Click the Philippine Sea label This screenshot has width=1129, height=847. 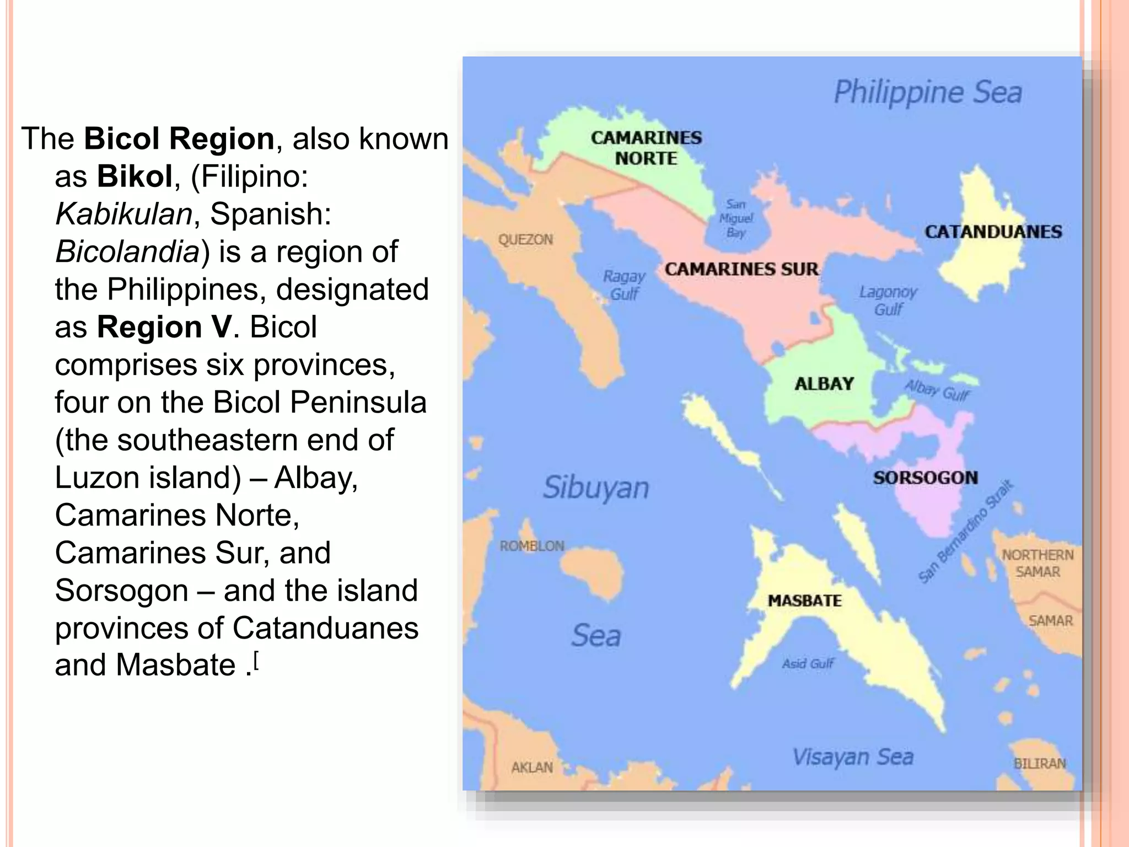click(x=928, y=93)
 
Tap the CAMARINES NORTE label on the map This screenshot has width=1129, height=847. click(x=646, y=148)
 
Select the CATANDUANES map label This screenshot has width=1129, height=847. click(x=993, y=232)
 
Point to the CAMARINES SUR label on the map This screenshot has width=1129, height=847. click(x=741, y=269)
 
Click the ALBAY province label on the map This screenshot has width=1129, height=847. click(x=824, y=384)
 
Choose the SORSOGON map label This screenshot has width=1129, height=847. click(x=926, y=478)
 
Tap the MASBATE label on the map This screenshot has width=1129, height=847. click(x=805, y=601)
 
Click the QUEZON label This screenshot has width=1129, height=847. click(x=525, y=240)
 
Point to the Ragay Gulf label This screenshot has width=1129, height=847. click(x=624, y=285)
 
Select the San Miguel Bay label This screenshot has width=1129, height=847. click(x=736, y=218)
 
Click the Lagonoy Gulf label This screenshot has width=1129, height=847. click(x=888, y=301)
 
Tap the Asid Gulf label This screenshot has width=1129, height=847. click(x=808, y=663)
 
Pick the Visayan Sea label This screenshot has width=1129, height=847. click(x=852, y=757)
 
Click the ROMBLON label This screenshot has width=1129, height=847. click(x=532, y=546)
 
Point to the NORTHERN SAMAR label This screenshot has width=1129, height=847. click(x=1037, y=563)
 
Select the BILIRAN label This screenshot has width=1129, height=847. click(x=1040, y=764)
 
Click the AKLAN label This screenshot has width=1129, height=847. click(x=532, y=768)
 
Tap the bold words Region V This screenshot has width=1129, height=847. click(x=164, y=327)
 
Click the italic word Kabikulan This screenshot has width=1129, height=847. click(x=123, y=214)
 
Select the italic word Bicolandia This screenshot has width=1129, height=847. click(x=127, y=252)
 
